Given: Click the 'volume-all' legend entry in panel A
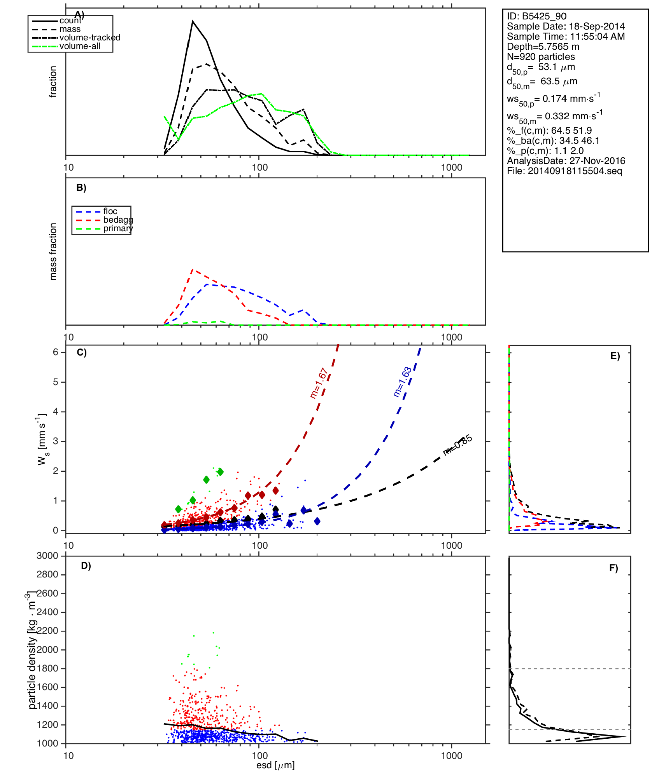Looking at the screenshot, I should click(80, 46).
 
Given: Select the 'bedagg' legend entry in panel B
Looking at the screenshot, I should click(118, 220).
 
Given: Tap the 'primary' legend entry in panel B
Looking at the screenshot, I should click(118, 228).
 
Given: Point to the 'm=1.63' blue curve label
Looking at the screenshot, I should click(403, 382).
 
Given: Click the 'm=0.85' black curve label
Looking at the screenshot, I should click(458, 445).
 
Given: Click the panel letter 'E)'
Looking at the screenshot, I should click(615, 356).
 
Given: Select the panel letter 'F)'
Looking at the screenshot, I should click(613, 569).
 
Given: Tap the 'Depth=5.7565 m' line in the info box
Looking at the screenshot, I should click(543, 47).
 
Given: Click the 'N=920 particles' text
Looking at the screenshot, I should click(541, 57).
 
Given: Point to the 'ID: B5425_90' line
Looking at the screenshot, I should click(536, 16).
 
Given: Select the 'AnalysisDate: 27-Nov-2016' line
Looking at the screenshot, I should click(566, 161).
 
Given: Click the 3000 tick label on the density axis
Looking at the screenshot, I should click(47, 556).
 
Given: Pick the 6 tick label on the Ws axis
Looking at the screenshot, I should click(56, 352).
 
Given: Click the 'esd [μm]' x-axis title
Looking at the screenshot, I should click(275, 766).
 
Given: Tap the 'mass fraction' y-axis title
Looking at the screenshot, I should click(53, 251).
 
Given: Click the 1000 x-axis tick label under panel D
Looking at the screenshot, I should click(452, 755).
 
